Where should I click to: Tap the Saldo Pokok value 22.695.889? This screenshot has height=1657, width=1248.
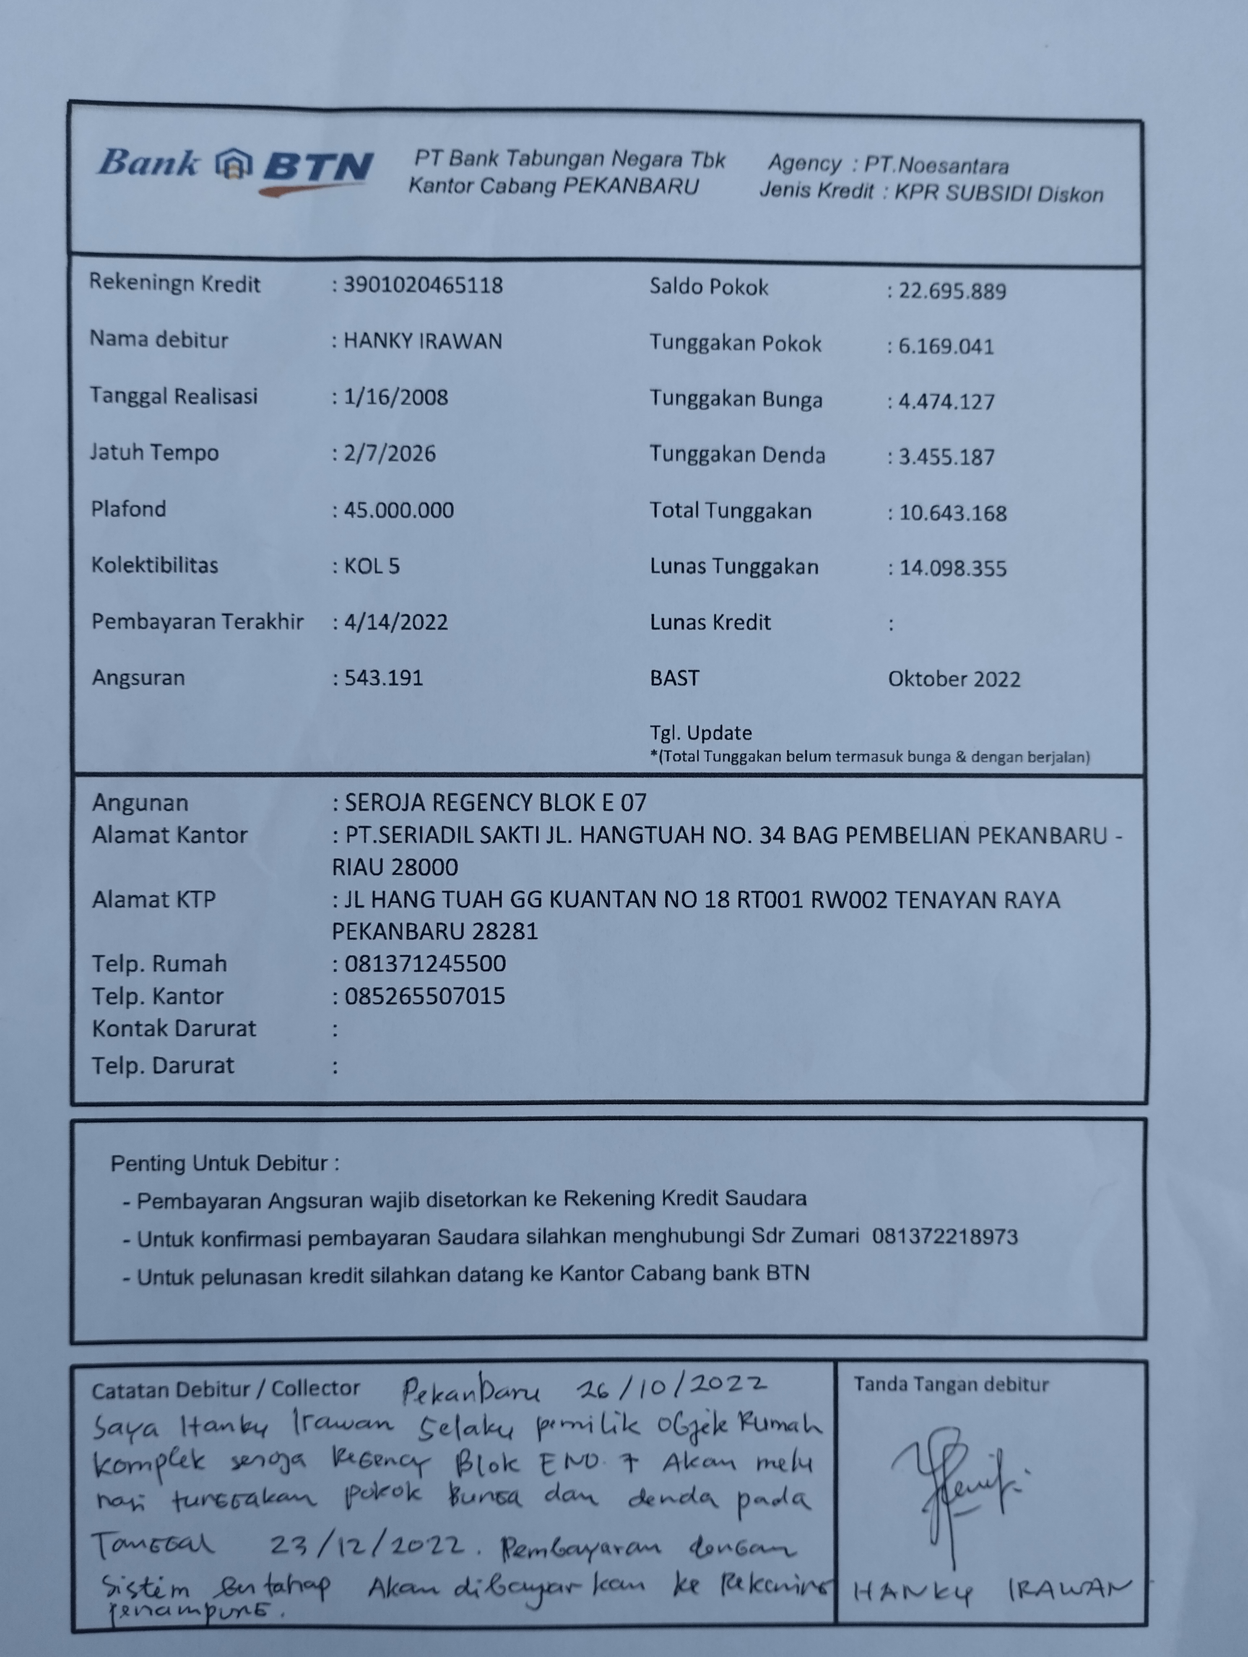(x=951, y=291)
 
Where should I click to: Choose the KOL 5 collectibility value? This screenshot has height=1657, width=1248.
(x=372, y=566)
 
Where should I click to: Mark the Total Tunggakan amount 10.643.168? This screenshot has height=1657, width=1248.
(x=952, y=513)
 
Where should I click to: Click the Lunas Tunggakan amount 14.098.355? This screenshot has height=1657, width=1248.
(x=952, y=568)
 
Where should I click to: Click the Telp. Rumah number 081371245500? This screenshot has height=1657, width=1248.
(x=425, y=963)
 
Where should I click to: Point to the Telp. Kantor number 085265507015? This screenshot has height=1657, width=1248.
(x=425, y=995)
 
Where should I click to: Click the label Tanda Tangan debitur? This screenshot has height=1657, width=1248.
(x=951, y=1384)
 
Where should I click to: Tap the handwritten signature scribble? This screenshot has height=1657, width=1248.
(x=955, y=1487)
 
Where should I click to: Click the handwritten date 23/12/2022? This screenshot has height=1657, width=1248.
(x=367, y=1545)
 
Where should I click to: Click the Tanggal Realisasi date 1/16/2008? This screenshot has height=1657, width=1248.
(x=396, y=397)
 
